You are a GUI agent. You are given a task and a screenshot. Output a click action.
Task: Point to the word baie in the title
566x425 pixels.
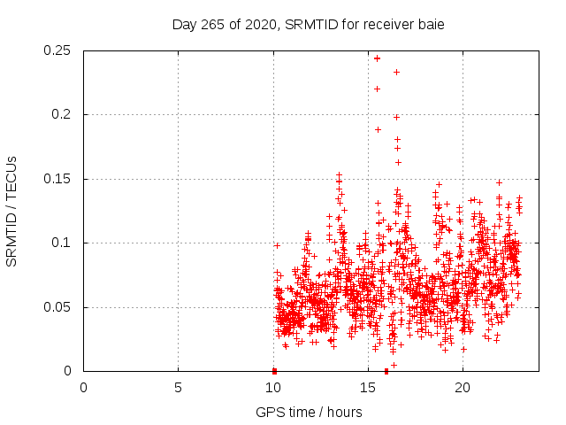pos(429,25)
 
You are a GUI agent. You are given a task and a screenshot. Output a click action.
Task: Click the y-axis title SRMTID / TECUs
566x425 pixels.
pos(12,212)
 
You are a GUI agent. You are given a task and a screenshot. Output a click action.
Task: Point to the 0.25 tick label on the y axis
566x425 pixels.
pos(58,50)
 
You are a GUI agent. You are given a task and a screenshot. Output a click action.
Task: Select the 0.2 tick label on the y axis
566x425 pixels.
pos(63,115)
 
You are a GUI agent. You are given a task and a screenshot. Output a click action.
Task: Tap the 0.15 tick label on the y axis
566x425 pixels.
pos(58,179)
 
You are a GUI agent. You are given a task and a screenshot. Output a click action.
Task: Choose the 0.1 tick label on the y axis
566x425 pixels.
pos(63,243)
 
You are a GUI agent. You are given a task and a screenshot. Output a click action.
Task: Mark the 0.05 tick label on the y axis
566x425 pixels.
pos(58,307)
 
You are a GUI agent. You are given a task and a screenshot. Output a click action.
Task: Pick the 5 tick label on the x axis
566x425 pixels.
pos(178,388)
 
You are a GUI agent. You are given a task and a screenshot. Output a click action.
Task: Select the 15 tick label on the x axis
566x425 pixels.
pos(367,388)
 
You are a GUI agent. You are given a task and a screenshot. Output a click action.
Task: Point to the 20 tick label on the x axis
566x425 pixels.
pos(462,388)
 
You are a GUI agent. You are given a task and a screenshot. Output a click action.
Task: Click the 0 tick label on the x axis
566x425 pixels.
pos(83,388)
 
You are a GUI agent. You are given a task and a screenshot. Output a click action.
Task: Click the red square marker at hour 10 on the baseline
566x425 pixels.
pos(274,371)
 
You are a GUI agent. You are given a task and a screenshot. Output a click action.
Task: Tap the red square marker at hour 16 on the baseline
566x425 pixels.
pos(386,371)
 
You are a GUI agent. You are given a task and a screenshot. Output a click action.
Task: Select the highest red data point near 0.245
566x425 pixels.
pos(378,58)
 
